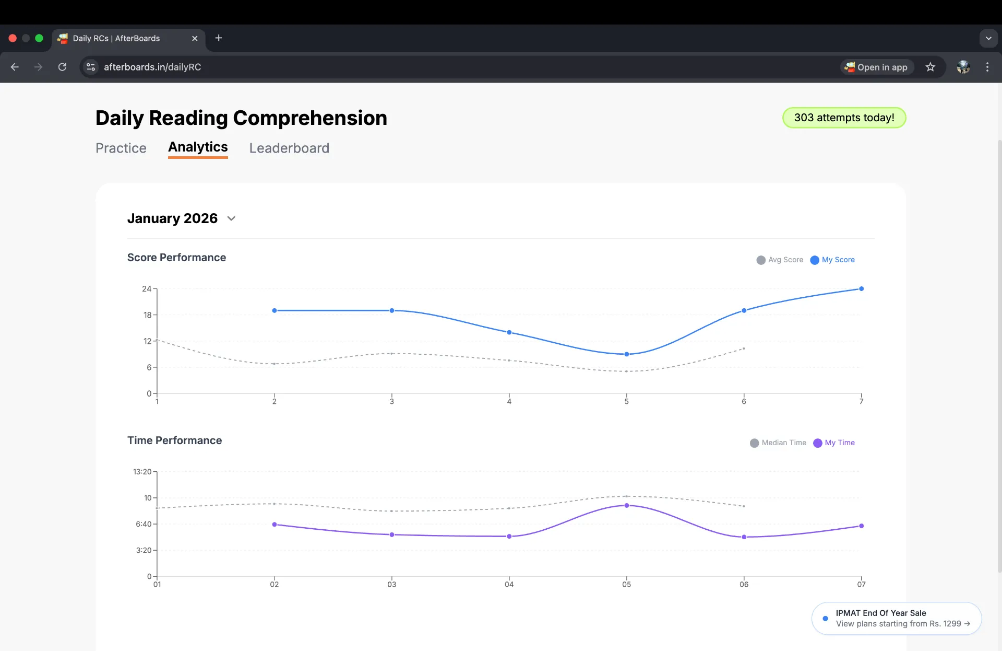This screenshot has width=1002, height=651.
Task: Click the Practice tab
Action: [x=121, y=148]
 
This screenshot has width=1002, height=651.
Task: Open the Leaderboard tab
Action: [x=289, y=148]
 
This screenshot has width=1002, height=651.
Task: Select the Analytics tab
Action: [x=198, y=147]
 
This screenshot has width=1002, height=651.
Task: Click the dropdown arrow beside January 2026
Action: [x=231, y=218]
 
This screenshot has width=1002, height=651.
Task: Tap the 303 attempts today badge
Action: [x=844, y=118]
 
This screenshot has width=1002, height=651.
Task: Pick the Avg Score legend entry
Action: [x=780, y=260]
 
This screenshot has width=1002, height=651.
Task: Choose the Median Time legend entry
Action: [x=778, y=443]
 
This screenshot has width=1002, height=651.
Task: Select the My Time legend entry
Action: [x=834, y=443]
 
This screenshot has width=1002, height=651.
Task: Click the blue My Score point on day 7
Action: [x=861, y=288]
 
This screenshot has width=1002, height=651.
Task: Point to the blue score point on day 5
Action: [x=626, y=354]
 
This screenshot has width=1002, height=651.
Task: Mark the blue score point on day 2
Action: [x=275, y=310]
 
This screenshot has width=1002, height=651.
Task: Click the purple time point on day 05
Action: [x=626, y=505]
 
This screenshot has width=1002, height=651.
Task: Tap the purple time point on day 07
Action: [x=861, y=526]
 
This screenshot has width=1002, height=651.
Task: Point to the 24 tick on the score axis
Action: [x=147, y=289]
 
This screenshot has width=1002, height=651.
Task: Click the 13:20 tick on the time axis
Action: [x=142, y=472]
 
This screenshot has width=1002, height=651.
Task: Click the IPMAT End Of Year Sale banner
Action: [x=897, y=619]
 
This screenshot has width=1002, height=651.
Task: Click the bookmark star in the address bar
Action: [x=930, y=67]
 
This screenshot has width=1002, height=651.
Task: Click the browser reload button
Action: [x=62, y=67]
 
